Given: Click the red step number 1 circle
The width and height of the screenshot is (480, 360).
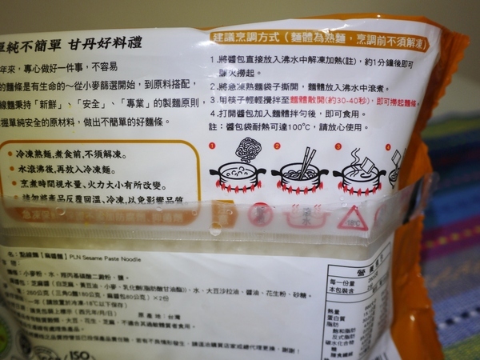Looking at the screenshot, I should (213, 147).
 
